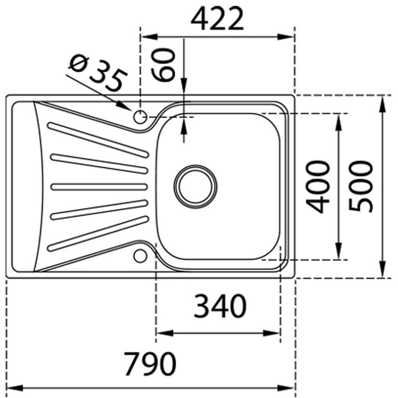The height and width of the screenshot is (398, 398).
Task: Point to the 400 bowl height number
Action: pyautogui.click(x=320, y=187)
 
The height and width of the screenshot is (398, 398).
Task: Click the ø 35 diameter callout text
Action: pyautogui.click(x=98, y=73)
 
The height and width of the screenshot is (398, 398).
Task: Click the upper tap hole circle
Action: pyautogui.click(x=140, y=117)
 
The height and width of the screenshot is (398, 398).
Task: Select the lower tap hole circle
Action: pyautogui.click(x=140, y=255)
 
